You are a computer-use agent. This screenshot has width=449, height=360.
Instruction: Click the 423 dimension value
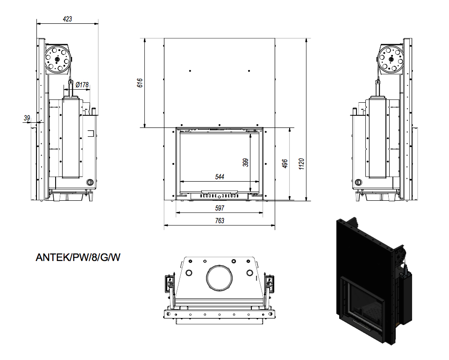tap(67, 19)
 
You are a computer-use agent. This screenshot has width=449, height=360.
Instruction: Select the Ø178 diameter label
tap(82, 85)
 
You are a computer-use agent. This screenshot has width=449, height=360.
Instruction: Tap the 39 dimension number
tap(27, 118)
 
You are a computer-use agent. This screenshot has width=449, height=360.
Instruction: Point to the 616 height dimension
tap(140, 83)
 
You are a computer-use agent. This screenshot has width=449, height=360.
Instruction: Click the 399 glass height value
tap(246, 162)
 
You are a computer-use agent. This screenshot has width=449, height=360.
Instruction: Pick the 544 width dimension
tap(220, 177)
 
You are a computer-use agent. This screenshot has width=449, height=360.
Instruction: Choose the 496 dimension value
tap(285, 164)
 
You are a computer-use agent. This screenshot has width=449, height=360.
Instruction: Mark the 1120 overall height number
tap(301, 164)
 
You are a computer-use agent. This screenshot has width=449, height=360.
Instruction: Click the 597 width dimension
tap(220, 208)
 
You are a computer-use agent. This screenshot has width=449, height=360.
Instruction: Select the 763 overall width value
tap(220, 221)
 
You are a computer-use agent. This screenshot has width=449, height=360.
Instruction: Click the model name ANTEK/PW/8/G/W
tap(78, 257)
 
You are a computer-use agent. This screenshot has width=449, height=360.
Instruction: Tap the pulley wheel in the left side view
tap(57, 59)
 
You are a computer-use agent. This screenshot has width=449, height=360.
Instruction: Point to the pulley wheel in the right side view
tap(390, 59)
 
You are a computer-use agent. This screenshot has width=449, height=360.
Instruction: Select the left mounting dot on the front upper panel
tap(190, 71)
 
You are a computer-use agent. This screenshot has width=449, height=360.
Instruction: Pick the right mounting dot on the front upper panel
tap(249, 71)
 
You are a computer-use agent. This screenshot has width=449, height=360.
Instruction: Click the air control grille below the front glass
tap(219, 196)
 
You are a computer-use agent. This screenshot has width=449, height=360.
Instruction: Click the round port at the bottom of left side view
tap(90, 182)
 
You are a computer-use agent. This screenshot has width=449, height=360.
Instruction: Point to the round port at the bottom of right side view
tap(358, 182)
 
